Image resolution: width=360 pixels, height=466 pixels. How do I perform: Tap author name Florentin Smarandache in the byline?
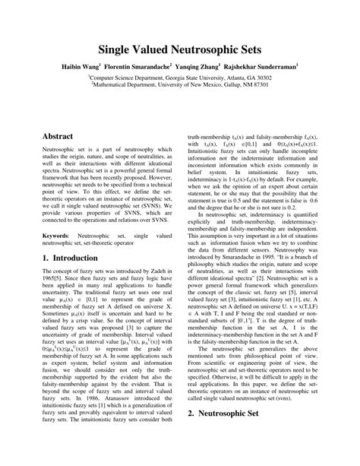click(138, 67)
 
